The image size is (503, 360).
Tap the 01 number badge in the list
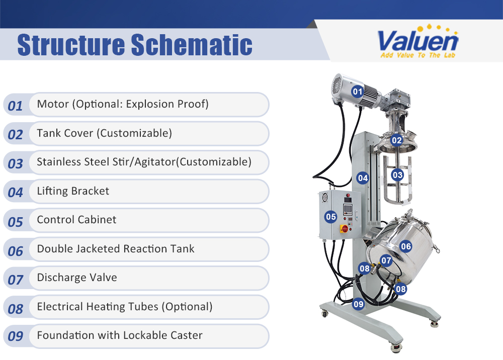click(16, 106)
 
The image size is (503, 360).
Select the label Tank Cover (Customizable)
click(104, 133)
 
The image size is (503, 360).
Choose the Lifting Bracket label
click(73, 191)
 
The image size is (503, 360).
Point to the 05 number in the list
click(16, 222)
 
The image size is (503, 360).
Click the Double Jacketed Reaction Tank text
click(116, 249)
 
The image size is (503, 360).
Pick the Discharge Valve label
click(77, 278)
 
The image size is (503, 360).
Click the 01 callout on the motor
click(357, 92)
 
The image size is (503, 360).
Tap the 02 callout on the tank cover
click(396, 140)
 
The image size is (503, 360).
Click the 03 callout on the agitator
click(397, 175)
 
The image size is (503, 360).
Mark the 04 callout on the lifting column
click(363, 177)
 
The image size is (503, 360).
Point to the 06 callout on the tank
click(405, 246)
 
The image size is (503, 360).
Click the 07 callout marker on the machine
click(386, 260)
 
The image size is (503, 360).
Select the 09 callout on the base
click(358, 304)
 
